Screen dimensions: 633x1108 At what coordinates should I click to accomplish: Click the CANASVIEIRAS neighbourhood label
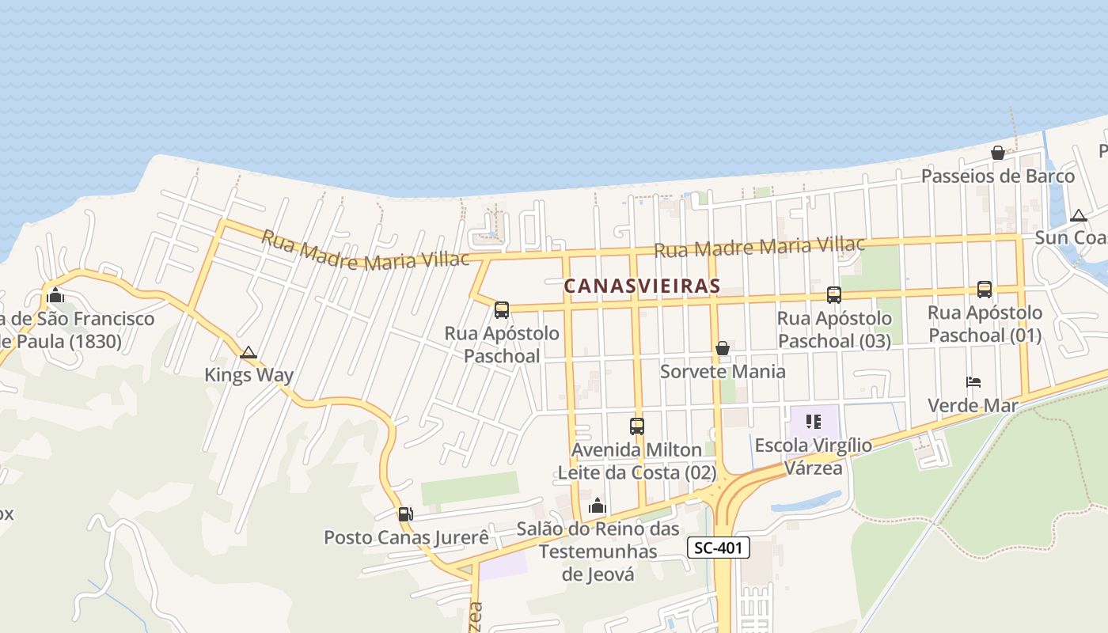[x=641, y=286]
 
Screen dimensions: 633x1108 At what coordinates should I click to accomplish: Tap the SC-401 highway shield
[x=718, y=548]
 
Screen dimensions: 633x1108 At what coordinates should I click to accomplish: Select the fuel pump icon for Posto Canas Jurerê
[x=405, y=514]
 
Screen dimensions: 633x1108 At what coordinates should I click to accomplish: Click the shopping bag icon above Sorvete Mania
[x=722, y=348]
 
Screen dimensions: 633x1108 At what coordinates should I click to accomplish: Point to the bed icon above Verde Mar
[x=973, y=382]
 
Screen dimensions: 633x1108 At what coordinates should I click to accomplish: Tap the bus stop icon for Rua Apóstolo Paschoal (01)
[x=985, y=290]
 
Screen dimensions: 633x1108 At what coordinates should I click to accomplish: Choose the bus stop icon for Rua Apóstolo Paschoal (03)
[x=834, y=295]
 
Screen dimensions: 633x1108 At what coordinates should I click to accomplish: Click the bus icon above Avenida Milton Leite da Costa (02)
[x=637, y=426]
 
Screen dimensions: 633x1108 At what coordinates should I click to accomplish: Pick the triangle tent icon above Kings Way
[x=249, y=352]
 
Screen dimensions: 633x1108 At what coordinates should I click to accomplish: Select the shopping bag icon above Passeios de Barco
[x=998, y=153]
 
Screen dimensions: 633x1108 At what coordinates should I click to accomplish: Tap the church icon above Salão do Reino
[x=598, y=506]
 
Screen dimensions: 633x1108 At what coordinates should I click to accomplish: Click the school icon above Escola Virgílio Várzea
[x=813, y=422]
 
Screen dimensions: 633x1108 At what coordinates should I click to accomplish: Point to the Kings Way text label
[x=249, y=375]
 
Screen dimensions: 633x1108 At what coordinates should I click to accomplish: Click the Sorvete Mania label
[x=723, y=371]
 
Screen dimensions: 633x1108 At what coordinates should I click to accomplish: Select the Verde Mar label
[x=972, y=406]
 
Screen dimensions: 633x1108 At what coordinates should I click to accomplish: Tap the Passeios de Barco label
[x=998, y=176]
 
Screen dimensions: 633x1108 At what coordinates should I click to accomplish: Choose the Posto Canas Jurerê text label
[x=406, y=538]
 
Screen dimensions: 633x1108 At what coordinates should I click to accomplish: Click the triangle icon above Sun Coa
[x=1078, y=215]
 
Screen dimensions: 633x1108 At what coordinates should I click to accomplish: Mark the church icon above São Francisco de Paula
[x=55, y=297]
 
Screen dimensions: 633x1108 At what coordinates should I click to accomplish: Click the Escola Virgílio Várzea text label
[x=814, y=456]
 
